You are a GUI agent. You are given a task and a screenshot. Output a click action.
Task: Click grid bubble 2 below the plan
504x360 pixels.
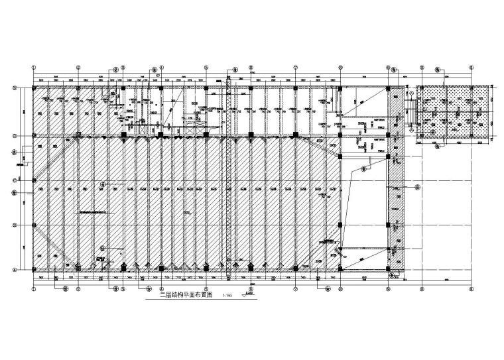(x=78, y=289)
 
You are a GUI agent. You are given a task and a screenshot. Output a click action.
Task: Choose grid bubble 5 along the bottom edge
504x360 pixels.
(x=206, y=289)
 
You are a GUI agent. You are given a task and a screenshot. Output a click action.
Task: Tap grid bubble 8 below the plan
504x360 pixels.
(x=340, y=289)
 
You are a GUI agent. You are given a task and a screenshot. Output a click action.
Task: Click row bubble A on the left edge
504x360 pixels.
(x=15, y=269)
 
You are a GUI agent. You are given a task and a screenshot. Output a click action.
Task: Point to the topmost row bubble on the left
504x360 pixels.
(x=15, y=88)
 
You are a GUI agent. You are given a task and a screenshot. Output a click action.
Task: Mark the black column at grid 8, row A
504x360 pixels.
(x=340, y=269)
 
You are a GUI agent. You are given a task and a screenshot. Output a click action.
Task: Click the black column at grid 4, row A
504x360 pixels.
(x=161, y=269)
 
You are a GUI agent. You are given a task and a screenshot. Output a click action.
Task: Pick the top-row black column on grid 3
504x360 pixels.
(x=123, y=88)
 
